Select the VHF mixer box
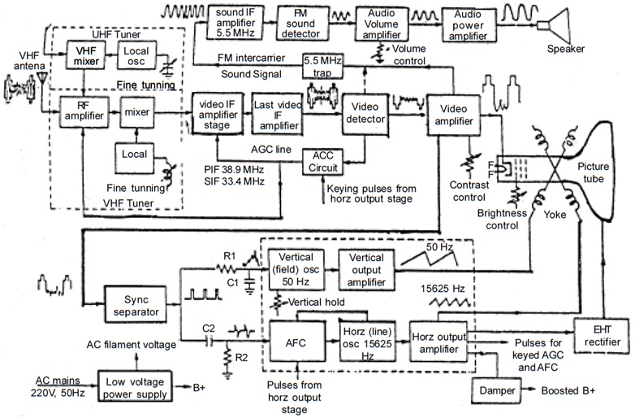84,55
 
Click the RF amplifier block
84,113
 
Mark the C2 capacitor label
208,327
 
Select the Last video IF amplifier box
275,113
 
